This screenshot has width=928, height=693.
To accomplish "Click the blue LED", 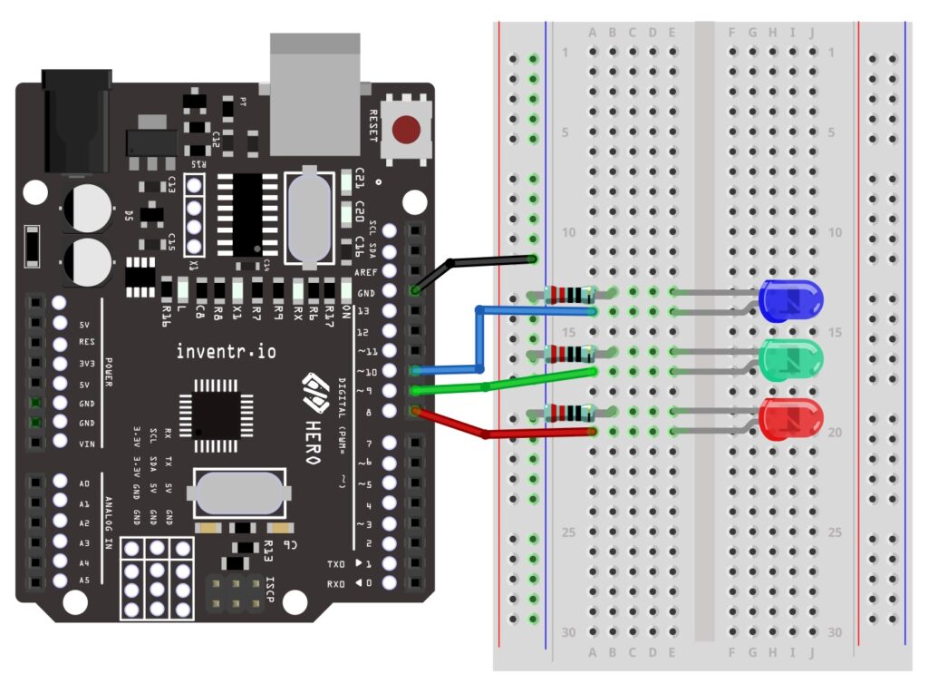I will coord(790,300).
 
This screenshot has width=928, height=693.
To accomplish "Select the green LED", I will coord(790,359).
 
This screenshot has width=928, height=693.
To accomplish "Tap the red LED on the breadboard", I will coord(790,419).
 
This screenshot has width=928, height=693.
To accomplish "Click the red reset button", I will coord(405,132).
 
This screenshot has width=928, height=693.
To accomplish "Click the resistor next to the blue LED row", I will coord(569,294).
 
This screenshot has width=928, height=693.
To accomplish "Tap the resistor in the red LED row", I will coord(569,414).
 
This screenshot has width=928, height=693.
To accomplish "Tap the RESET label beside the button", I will coord(372,126).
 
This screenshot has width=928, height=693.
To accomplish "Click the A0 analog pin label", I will coord(85,483).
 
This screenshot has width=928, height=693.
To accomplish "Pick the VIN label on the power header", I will coord(87,444).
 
